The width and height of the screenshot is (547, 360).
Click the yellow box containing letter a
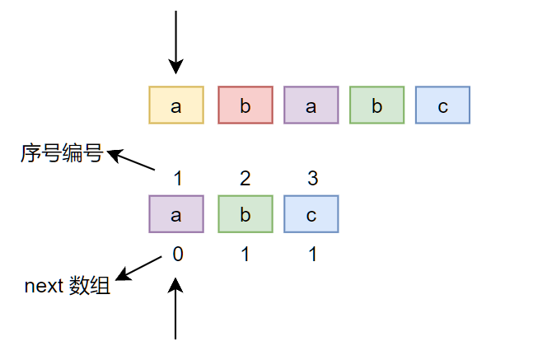(176, 105)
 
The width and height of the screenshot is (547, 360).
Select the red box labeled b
(245, 105)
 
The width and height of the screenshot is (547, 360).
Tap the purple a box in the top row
(311, 105)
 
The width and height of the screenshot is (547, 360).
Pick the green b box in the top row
(376, 105)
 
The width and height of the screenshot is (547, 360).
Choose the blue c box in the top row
(442, 105)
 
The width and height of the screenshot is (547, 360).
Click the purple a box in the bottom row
(176, 214)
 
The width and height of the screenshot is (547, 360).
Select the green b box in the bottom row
(245, 214)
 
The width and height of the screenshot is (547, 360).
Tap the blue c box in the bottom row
(311, 214)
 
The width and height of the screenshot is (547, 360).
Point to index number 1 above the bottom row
(177, 178)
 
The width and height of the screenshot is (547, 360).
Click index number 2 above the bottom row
(245, 178)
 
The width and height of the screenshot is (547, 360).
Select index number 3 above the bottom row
(311, 178)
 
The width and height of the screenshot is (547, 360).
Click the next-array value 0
(177, 255)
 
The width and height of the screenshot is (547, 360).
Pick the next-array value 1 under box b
(245, 255)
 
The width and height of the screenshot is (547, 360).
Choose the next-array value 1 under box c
(311, 255)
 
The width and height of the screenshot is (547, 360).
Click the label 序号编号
(61, 153)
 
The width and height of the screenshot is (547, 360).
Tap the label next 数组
(67, 287)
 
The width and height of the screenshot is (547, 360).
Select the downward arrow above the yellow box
(175, 41)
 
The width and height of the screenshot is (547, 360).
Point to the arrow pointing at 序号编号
(132, 160)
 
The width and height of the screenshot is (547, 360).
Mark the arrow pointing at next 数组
(139, 268)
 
